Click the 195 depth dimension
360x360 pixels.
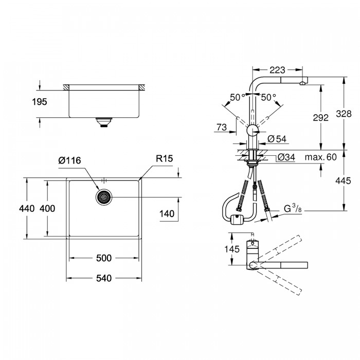coord(40,102)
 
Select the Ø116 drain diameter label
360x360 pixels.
coord(69,160)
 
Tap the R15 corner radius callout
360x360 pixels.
coord(164,158)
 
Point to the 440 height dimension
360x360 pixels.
coord(27,208)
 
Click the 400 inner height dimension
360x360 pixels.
coord(47,208)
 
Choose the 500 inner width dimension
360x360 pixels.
coord(104,258)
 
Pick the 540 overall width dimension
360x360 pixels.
coord(104,278)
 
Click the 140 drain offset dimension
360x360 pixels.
coord(167,214)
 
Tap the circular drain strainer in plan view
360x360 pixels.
coord(104,197)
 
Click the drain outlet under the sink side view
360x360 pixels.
coord(104,122)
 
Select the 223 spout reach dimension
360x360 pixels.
coord(277,70)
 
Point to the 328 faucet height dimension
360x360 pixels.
coord(344,114)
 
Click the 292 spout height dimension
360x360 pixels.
coord(321,118)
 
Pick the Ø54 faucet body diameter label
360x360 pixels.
coord(277,139)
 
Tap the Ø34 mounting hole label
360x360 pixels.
coord(286,157)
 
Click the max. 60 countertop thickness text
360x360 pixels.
coord(321,157)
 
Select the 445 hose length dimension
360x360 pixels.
coord(343,181)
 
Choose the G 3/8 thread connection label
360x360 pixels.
coord(293,209)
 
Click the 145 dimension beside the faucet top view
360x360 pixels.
coord(232,249)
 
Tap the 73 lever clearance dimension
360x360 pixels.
coord(222,127)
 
